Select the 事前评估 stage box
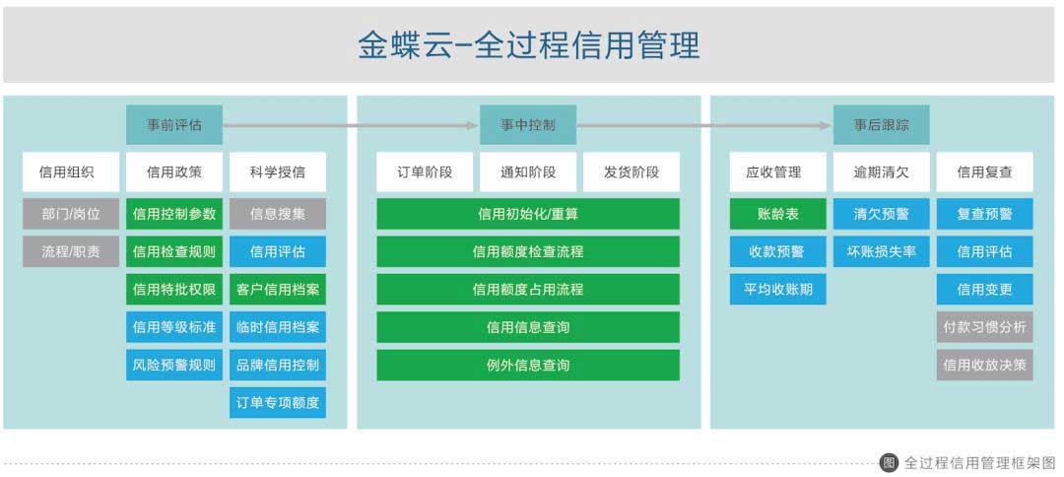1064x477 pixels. (x=174, y=125)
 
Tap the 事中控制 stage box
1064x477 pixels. (x=528, y=125)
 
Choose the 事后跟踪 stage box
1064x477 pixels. (x=882, y=125)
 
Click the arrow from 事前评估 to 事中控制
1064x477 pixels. (x=351, y=125)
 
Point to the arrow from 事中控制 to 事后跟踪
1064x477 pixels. (x=704, y=125)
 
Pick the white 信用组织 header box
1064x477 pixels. (x=71, y=171)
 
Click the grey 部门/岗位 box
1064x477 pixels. (x=71, y=214)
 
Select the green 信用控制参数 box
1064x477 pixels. (x=174, y=214)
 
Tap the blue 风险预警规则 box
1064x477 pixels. (x=174, y=365)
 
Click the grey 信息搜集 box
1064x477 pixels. (x=278, y=214)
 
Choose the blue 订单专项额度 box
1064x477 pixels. (x=278, y=402)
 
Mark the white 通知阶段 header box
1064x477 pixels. (x=528, y=171)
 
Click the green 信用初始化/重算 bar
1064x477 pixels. (x=528, y=214)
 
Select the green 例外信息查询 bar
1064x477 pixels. (x=528, y=365)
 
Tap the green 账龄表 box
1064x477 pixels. (x=778, y=214)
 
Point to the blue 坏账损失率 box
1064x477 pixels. (x=882, y=251)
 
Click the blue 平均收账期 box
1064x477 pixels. (x=778, y=289)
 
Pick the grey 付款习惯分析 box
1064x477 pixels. (x=984, y=327)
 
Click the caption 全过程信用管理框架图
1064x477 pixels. (x=980, y=463)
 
